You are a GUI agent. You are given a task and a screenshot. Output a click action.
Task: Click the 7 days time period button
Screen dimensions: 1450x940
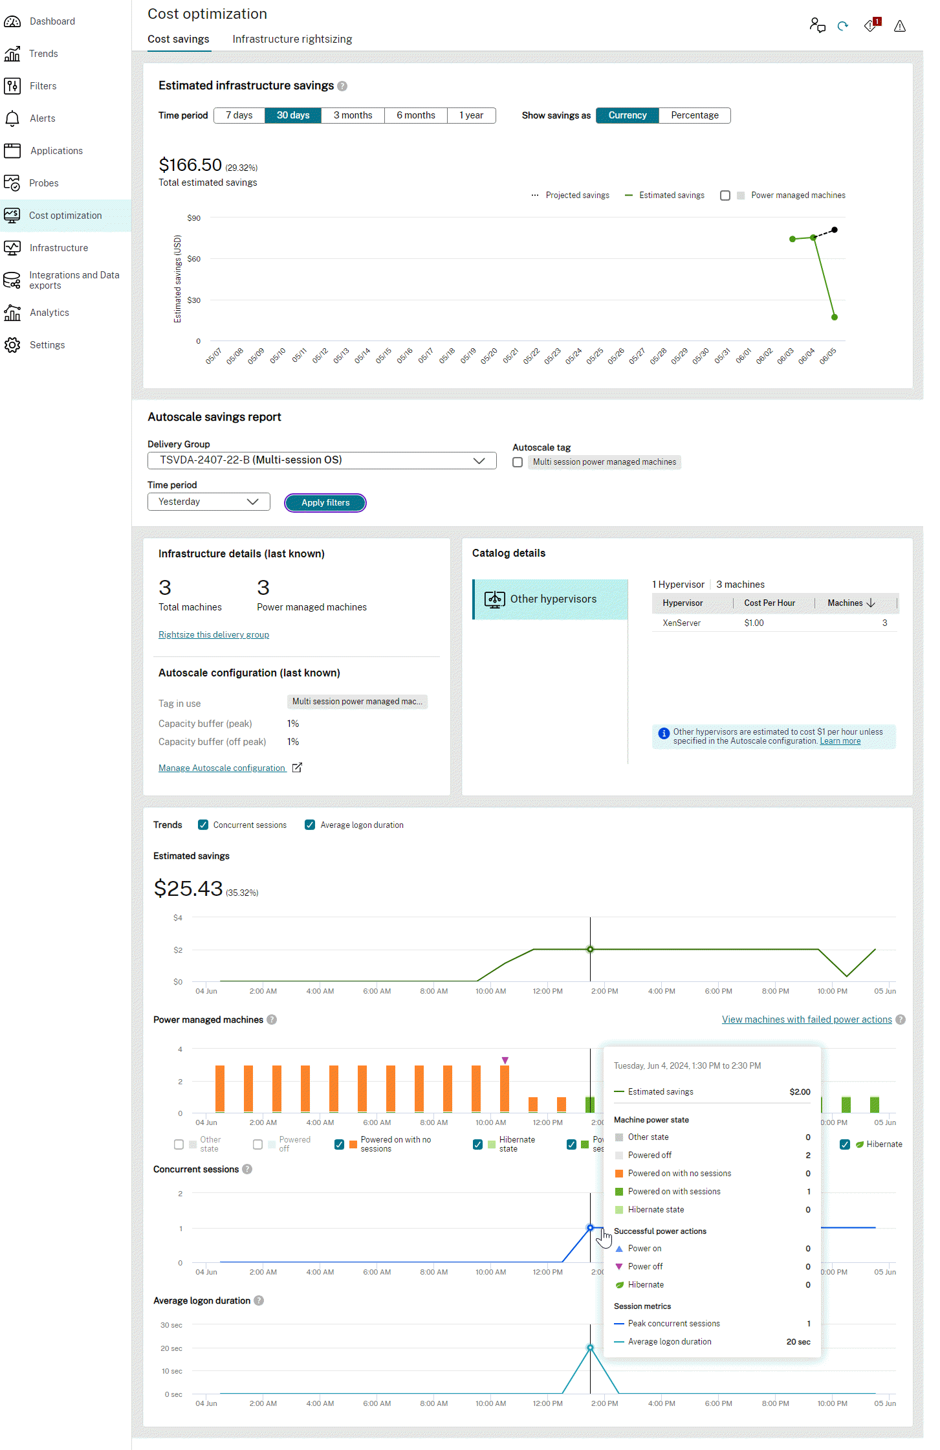[x=239, y=115]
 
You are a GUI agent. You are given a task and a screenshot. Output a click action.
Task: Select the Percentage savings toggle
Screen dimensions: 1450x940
[x=694, y=115]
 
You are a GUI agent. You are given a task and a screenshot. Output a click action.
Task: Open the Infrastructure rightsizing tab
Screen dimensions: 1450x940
[x=292, y=39]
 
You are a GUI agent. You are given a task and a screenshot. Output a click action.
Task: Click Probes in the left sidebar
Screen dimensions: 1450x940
[x=43, y=183]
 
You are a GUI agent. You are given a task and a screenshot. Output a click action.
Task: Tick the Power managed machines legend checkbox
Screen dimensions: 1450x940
[x=725, y=195]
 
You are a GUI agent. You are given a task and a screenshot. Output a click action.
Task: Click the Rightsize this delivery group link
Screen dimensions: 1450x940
[x=213, y=634]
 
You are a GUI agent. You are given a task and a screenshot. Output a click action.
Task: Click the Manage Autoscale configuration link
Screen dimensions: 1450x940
[x=222, y=768]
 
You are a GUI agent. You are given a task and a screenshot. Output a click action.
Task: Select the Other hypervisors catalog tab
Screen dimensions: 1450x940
[x=551, y=599]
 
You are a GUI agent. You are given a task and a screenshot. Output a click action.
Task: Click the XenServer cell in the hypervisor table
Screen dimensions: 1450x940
[x=681, y=623]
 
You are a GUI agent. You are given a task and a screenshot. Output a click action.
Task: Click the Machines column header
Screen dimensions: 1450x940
[x=845, y=603]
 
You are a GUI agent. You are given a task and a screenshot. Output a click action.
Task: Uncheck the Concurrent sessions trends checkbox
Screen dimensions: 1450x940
[x=203, y=825]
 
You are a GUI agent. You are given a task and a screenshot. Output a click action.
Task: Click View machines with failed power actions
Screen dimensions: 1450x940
[x=807, y=1020]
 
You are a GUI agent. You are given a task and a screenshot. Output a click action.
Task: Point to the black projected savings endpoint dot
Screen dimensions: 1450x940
[x=835, y=230]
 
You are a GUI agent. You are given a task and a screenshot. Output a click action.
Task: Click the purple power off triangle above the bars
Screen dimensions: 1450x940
[x=505, y=1060]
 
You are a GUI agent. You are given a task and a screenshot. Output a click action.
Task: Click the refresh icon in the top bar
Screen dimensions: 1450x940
[x=842, y=26]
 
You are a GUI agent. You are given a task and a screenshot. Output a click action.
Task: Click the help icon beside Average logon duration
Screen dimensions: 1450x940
[x=259, y=1300]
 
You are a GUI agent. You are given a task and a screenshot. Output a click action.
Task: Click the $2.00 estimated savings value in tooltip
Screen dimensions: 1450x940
[x=800, y=1092]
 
